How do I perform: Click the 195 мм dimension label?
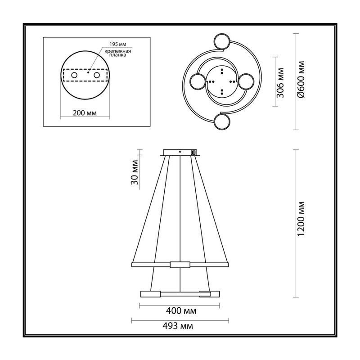(x=117, y=44)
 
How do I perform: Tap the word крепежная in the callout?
(x=117, y=51)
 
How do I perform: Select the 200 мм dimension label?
(x=85, y=113)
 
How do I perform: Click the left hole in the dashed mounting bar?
(x=74, y=75)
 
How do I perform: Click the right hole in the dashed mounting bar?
(x=97, y=75)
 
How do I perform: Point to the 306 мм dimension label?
(x=280, y=83)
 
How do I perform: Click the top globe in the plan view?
(x=221, y=41)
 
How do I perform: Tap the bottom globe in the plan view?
(x=221, y=122)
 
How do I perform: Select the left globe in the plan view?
(x=198, y=81)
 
